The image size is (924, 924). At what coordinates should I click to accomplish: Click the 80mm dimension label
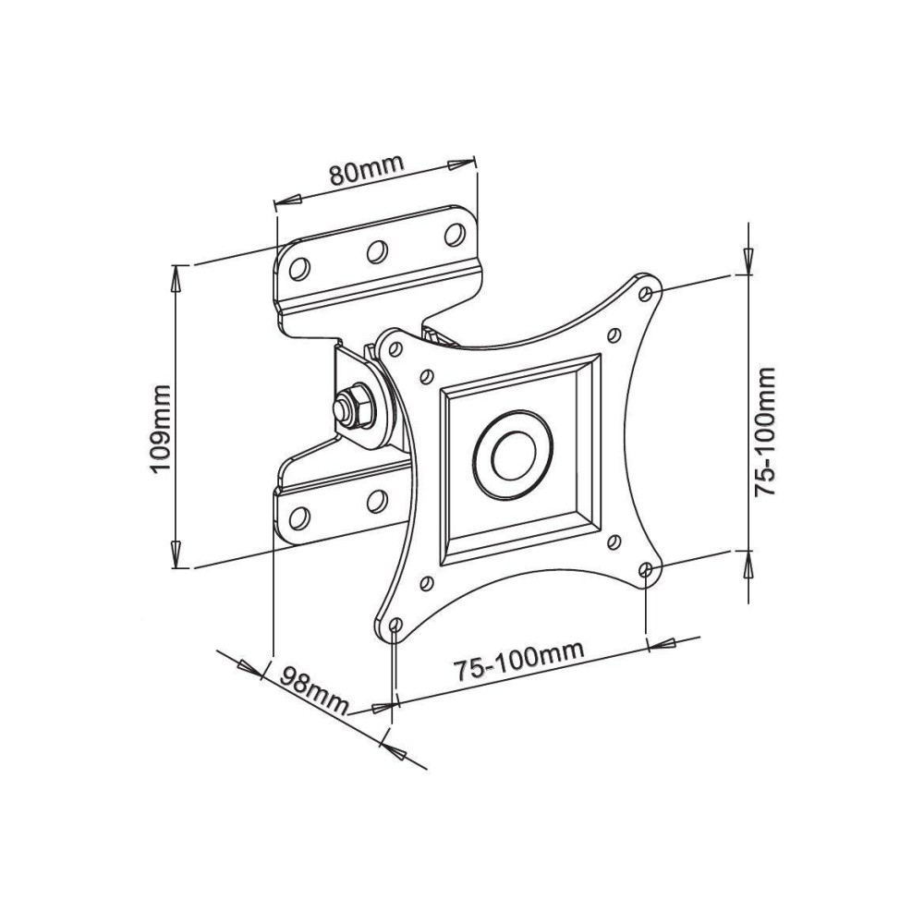[368, 171]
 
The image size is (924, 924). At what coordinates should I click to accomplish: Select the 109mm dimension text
[162, 428]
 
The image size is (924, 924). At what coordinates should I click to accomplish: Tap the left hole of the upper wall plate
[298, 268]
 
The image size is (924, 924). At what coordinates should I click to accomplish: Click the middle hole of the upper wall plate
[376, 250]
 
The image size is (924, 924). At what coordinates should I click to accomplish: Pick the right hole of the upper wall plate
[454, 233]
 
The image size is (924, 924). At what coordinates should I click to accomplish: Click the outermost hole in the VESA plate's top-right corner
[646, 292]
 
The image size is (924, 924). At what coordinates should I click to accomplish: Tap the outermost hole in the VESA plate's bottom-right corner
[646, 569]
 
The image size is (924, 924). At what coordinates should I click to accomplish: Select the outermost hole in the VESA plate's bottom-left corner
[395, 626]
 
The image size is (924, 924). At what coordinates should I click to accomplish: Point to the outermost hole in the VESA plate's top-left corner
[395, 349]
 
